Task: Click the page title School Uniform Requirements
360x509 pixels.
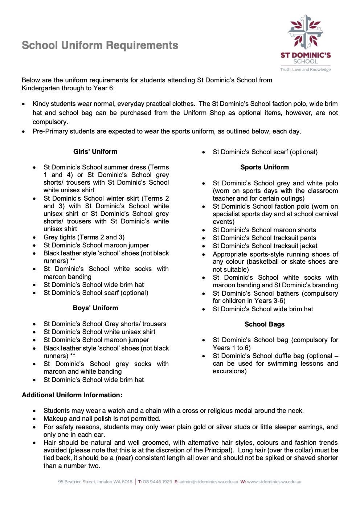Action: click(x=100, y=45)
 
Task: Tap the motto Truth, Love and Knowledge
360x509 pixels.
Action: click(x=305, y=70)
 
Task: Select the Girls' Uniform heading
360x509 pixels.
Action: click(x=95, y=152)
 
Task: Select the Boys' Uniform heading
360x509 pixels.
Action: click(x=95, y=308)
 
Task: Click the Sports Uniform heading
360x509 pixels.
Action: click(x=265, y=167)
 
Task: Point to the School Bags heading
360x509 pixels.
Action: click(x=265, y=324)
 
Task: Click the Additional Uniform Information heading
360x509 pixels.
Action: click(x=72, y=395)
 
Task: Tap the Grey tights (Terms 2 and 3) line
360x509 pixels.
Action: click(x=84, y=237)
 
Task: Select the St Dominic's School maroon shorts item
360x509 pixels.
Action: click(x=264, y=230)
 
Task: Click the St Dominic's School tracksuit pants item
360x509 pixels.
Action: click(x=264, y=238)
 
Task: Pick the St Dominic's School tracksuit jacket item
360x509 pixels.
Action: click(x=265, y=246)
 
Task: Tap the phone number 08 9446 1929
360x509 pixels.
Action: click(x=157, y=482)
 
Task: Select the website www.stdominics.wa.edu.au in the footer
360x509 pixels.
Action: click(x=274, y=482)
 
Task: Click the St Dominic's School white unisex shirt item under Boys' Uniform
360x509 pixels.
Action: click(x=99, y=332)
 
